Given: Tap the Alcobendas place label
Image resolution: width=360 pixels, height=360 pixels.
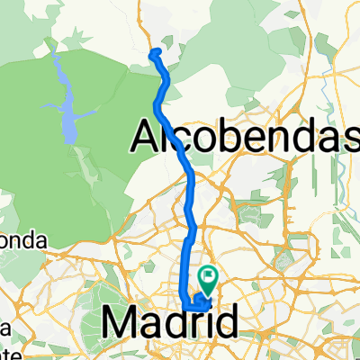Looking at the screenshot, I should (245, 136).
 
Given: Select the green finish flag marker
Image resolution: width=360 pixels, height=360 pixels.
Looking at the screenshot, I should (209, 277).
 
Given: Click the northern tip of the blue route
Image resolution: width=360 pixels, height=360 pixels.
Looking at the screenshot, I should (154, 52).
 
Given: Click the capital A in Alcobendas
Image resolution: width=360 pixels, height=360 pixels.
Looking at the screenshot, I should (148, 136).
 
